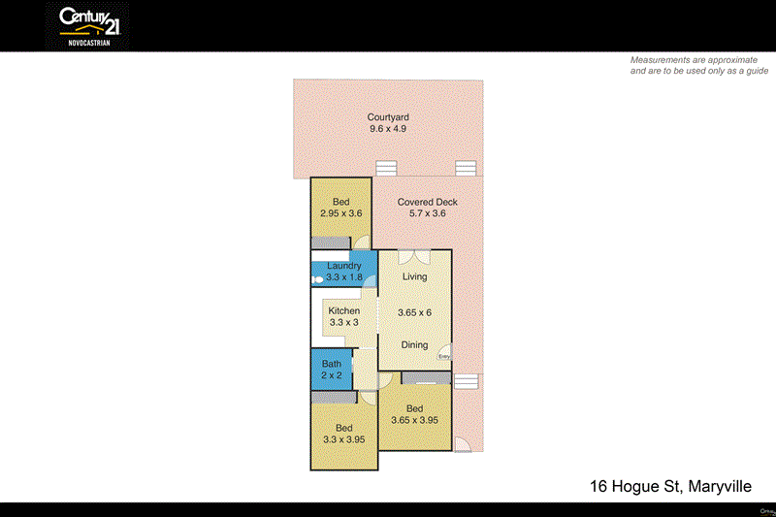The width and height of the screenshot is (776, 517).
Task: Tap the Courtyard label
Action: (388, 117)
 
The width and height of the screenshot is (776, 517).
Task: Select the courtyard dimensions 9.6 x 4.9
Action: (388, 129)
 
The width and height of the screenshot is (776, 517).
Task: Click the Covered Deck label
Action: (427, 203)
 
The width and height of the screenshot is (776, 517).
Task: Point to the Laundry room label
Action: (344, 266)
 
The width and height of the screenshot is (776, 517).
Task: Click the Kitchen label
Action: (344, 311)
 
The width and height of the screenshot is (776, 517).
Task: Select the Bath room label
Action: (332, 365)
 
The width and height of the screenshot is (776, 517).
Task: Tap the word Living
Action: (415, 277)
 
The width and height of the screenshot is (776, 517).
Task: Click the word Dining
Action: (415, 345)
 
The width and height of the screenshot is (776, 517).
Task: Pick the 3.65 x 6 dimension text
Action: (415, 312)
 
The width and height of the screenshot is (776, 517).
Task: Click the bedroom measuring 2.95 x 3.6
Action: (340, 208)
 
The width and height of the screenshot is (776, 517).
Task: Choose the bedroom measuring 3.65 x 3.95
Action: (415, 414)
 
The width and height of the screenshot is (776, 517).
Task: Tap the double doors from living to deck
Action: (414, 257)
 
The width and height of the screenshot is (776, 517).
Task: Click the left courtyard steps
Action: (387, 168)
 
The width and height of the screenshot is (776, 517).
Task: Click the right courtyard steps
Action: (467, 168)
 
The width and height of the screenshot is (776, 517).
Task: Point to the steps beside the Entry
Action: (467, 381)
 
